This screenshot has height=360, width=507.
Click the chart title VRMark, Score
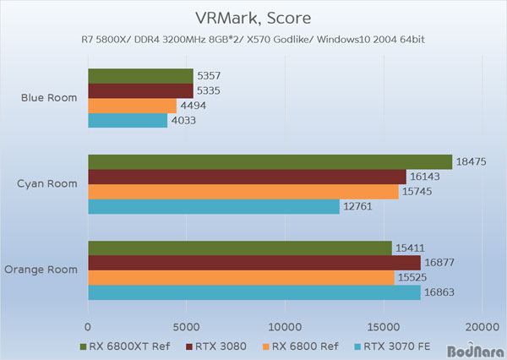click(253, 18)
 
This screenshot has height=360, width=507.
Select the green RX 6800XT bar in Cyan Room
click(270, 162)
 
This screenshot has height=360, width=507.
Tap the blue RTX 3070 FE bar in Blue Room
click(128, 121)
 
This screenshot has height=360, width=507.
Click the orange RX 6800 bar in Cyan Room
click(243, 192)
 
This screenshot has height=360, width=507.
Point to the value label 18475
click(472, 162)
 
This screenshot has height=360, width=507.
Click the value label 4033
click(187, 121)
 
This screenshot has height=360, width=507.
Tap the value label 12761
click(358, 207)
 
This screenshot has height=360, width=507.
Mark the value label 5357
click(213, 76)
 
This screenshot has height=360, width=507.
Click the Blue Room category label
click(49, 98)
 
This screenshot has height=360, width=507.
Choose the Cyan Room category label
click(49, 184)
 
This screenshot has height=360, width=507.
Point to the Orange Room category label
click(42, 270)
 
